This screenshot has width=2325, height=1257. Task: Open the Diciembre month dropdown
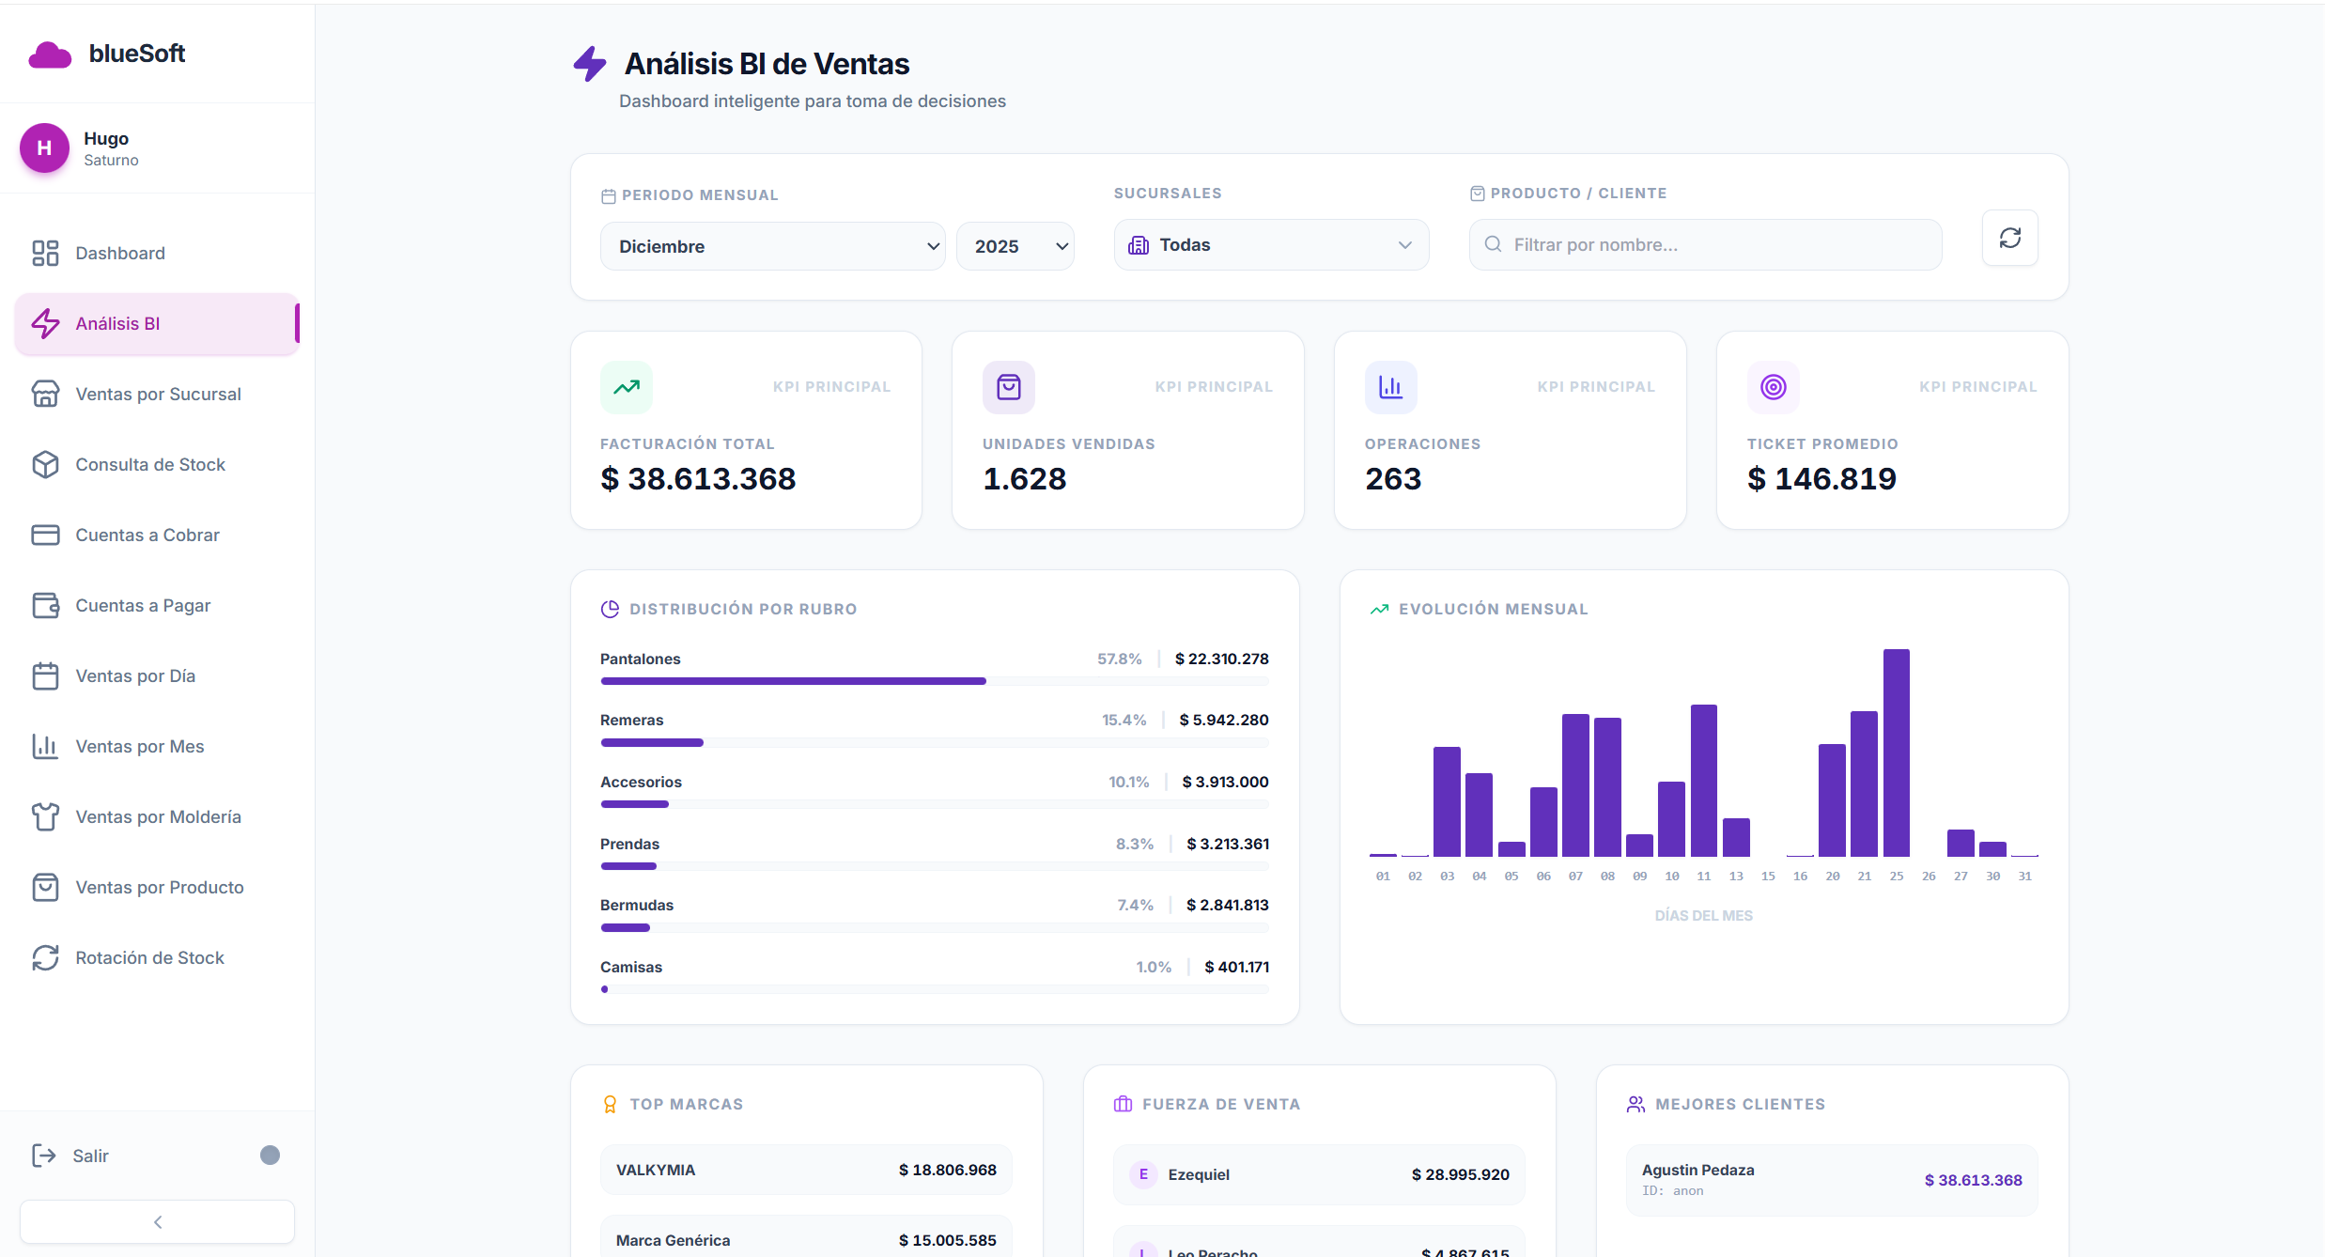tap(771, 246)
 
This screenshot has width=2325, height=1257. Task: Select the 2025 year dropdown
tap(1015, 246)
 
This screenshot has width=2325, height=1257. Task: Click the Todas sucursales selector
tap(1270, 245)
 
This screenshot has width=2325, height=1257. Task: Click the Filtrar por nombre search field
tap(1705, 245)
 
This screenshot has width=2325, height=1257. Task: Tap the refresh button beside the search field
tap(2009, 238)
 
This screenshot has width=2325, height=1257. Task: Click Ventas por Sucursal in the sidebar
tap(158, 394)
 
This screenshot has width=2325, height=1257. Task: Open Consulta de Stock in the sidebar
tap(150, 464)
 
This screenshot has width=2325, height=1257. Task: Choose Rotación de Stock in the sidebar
tap(149, 957)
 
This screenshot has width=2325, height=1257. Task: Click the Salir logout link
tap(90, 1156)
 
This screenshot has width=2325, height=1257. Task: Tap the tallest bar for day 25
tap(1896, 752)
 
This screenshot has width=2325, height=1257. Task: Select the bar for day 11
tap(1703, 780)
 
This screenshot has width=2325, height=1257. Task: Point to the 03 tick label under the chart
tap(1447, 876)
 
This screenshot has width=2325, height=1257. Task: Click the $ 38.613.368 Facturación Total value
tap(698, 479)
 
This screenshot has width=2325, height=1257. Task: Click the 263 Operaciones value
tap(1393, 479)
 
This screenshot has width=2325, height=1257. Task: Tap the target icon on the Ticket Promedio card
tap(1773, 387)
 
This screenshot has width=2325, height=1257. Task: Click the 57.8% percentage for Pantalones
tap(1119, 659)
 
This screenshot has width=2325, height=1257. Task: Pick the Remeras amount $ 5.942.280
tap(1223, 720)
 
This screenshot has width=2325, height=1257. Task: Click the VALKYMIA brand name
tap(656, 1170)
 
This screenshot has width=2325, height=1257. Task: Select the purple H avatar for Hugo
tap(44, 148)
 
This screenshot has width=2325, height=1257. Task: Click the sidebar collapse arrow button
tap(157, 1221)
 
